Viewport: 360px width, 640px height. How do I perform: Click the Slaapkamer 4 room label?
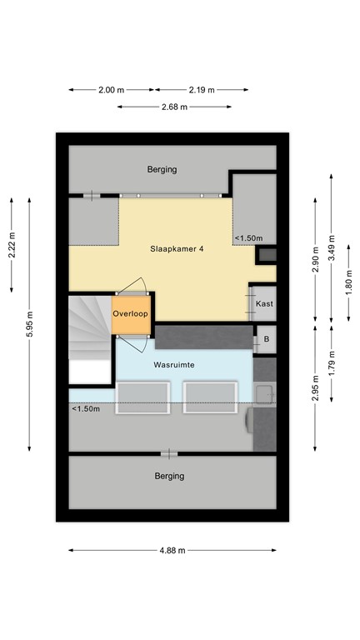coord(177,247)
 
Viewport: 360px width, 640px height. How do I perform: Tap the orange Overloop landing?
coord(132,313)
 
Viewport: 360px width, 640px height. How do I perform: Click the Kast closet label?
coord(264,303)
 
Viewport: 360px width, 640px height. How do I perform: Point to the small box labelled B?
coord(266,339)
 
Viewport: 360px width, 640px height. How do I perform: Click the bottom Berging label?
coord(169,477)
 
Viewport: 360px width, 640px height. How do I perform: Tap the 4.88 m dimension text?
coord(172,550)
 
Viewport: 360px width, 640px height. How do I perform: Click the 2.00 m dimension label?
coord(111,89)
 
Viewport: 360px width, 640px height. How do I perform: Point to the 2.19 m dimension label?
coord(201,89)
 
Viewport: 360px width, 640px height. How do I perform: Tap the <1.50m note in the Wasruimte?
coord(86,408)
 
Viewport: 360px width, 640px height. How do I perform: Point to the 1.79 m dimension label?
coord(332,366)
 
